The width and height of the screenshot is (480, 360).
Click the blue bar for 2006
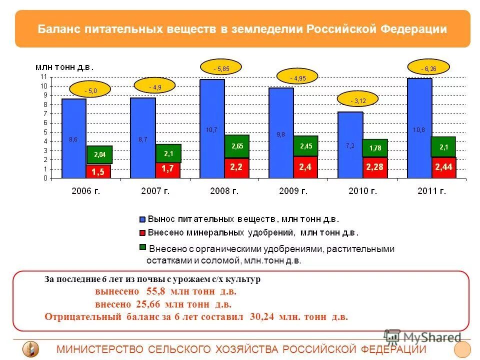(74, 138)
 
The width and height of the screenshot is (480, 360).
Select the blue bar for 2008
(212, 128)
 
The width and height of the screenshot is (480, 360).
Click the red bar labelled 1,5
(98, 171)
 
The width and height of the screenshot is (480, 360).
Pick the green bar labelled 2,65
(236, 146)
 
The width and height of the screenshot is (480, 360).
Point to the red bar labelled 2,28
(374, 167)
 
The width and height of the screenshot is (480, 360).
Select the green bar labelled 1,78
(374, 148)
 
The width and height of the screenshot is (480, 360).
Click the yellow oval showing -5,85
(220, 67)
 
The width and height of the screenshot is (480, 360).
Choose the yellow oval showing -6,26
(428, 67)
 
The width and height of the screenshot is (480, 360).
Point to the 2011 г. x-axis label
(430, 190)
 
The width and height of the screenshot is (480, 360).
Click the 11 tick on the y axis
(43, 76)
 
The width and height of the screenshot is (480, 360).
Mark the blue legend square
(142, 219)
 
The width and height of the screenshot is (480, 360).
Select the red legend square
(142, 232)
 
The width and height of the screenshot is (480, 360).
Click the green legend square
(142, 247)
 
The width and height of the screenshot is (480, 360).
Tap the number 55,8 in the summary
(155, 291)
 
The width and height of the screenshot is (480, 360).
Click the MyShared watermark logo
(422, 336)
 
